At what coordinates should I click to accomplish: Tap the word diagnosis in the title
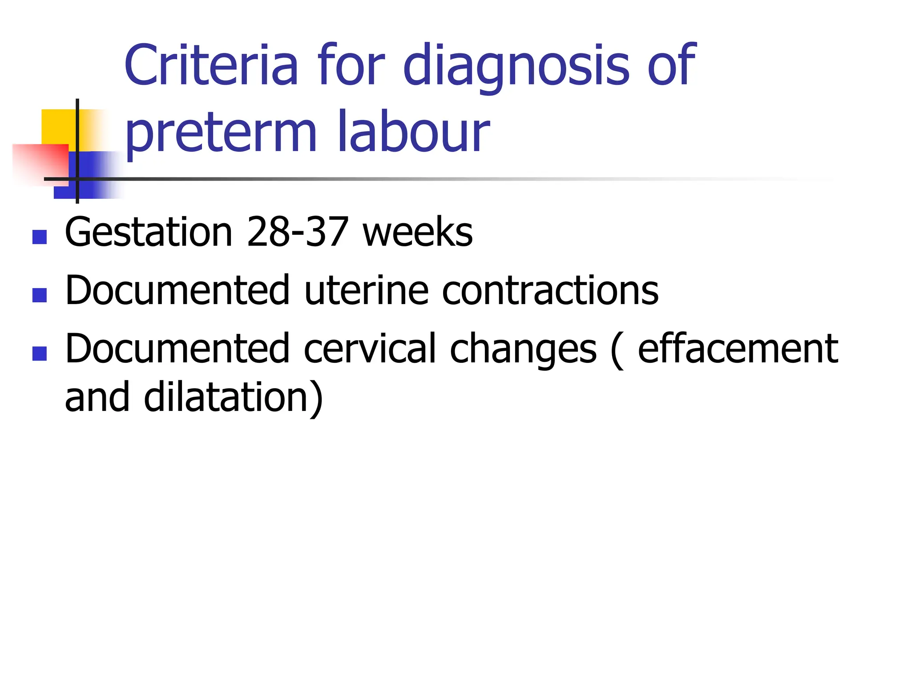tap(516, 67)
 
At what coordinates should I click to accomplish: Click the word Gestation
tap(149, 232)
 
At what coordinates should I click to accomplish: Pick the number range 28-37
tap(297, 232)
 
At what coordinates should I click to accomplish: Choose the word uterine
tap(366, 290)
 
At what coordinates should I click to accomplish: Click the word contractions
tap(550, 290)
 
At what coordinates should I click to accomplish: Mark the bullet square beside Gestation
tap(40, 237)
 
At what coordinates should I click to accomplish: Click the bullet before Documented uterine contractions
tap(40, 295)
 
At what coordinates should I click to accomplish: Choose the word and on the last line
tap(97, 397)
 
